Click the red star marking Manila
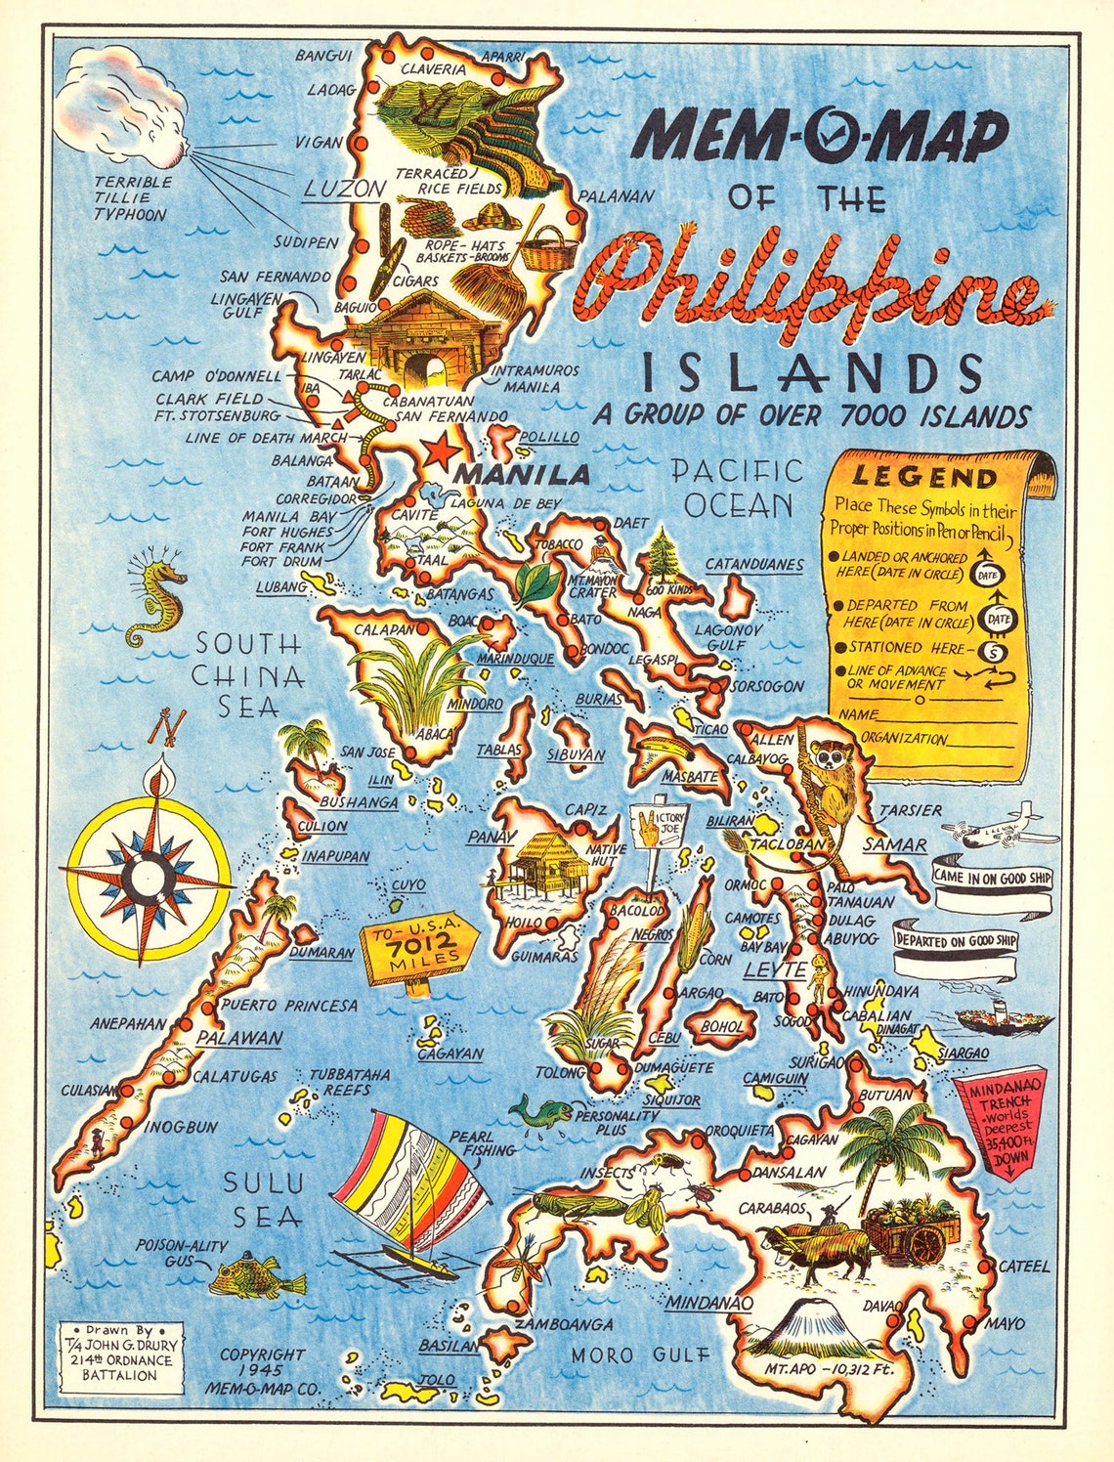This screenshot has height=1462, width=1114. (440, 451)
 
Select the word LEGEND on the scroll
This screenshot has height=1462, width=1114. (923, 478)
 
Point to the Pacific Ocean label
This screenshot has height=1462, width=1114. (738, 488)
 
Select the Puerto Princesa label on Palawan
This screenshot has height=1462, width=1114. (289, 1005)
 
